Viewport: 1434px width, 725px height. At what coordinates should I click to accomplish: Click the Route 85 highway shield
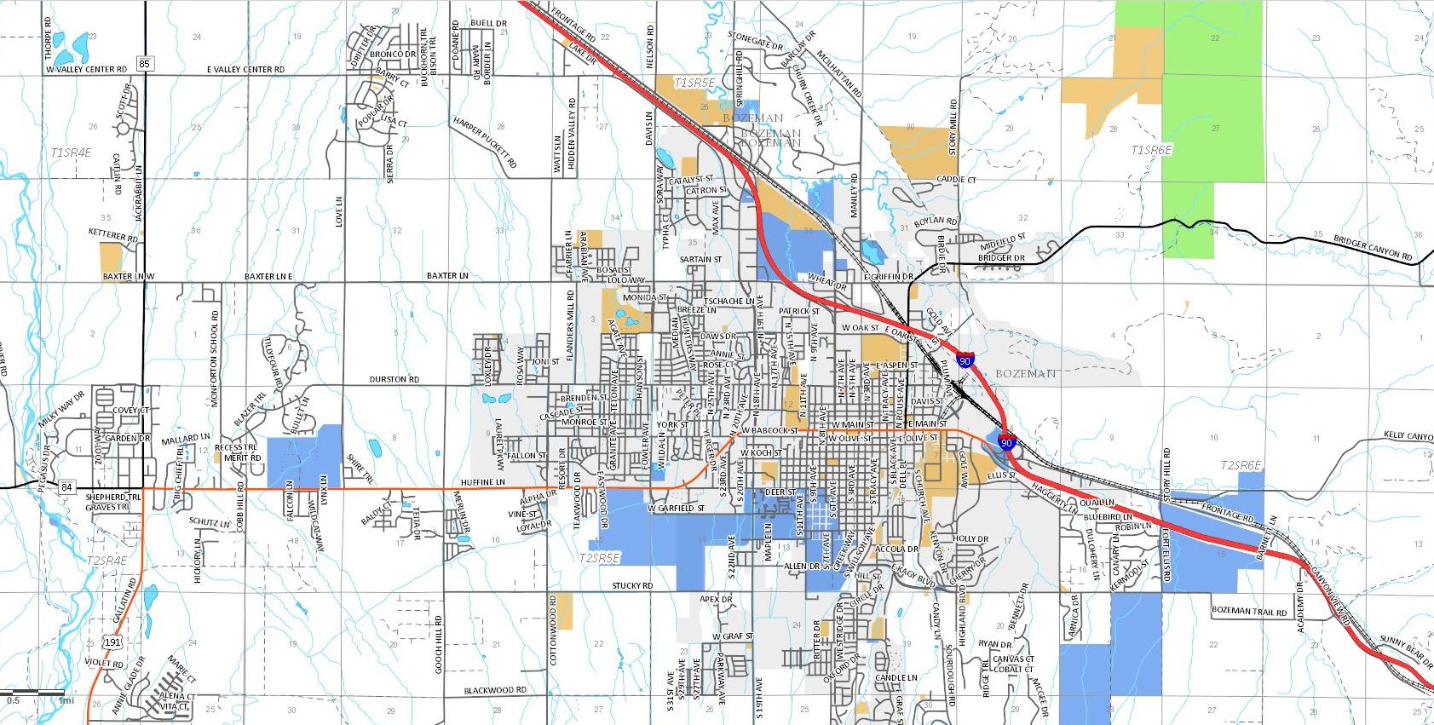144,64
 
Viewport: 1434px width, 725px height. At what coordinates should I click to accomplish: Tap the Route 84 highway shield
67,487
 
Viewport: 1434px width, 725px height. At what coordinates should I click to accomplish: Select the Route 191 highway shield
112,642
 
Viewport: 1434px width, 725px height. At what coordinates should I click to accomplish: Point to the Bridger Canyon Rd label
1373,249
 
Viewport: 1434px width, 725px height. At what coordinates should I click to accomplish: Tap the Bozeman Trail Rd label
1249,612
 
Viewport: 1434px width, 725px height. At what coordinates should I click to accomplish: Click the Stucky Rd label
632,586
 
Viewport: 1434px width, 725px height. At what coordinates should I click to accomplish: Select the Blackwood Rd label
495,690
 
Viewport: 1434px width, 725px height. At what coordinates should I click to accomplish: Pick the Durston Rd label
394,379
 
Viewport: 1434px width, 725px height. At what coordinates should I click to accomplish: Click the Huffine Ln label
483,482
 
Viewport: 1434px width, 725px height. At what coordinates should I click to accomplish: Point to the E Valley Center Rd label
245,70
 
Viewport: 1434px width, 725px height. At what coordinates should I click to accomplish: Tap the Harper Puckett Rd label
486,142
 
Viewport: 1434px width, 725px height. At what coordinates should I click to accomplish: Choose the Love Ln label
339,211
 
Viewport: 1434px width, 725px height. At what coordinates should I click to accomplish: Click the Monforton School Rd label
215,358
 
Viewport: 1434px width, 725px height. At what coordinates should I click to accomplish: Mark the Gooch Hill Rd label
439,644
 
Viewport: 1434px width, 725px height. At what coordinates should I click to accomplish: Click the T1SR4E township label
71,152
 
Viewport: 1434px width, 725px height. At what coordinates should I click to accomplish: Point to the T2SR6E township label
1241,465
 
